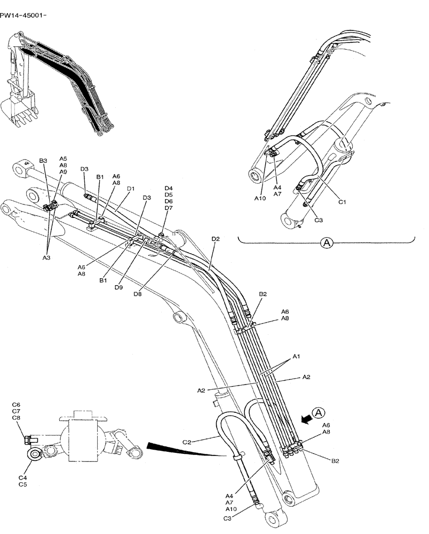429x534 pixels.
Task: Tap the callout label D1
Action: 131,189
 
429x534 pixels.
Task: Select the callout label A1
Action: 296,356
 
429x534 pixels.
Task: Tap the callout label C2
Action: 187,442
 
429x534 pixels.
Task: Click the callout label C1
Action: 343,202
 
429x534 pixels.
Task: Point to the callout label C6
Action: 16,405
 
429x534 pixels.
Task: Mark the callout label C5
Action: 23,484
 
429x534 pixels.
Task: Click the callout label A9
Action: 63,172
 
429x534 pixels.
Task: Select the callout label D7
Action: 169,208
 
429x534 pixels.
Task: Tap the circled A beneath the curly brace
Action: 326,243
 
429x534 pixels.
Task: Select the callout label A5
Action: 63,159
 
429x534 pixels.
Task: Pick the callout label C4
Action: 23,477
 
